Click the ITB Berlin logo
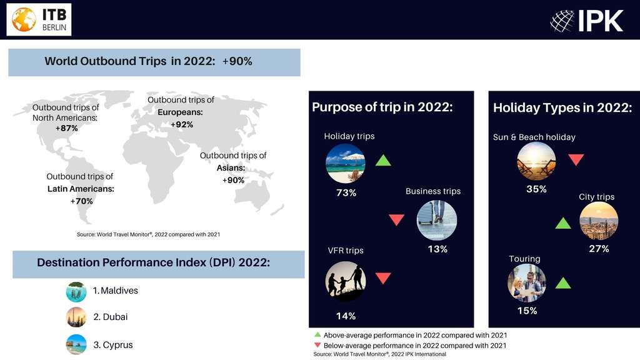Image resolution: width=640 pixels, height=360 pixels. click(x=39, y=19)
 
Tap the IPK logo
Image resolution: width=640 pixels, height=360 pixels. click(x=586, y=21)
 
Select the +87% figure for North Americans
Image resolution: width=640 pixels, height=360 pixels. click(x=66, y=128)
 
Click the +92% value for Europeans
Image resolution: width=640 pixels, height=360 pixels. click(x=182, y=124)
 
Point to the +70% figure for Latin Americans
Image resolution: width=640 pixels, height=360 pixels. click(x=82, y=201)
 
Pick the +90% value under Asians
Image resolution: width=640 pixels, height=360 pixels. click(x=234, y=181)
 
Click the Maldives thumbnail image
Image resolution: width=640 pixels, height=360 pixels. click(x=76, y=292)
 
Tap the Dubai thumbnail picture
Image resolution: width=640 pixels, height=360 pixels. click(x=76, y=317)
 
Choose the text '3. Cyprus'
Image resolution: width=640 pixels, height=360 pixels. click(x=113, y=345)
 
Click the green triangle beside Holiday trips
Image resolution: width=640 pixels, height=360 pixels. click(x=383, y=161)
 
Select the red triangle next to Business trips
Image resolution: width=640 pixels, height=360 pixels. click(x=396, y=219)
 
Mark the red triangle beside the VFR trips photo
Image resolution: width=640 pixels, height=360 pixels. click(x=383, y=278)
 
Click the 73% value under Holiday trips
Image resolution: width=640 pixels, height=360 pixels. click(x=346, y=192)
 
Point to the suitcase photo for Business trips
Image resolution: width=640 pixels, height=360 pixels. click(x=437, y=220)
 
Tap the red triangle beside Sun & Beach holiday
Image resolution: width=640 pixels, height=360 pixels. click(x=576, y=159)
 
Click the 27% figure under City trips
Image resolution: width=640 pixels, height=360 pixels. click(x=599, y=249)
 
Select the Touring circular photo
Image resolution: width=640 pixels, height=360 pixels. click(x=526, y=283)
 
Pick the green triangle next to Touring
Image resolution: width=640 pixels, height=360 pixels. click(x=563, y=283)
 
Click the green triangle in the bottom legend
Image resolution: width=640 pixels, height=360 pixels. click(x=317, y=334)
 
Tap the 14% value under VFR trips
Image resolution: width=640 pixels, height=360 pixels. click(x=346, y=316)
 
